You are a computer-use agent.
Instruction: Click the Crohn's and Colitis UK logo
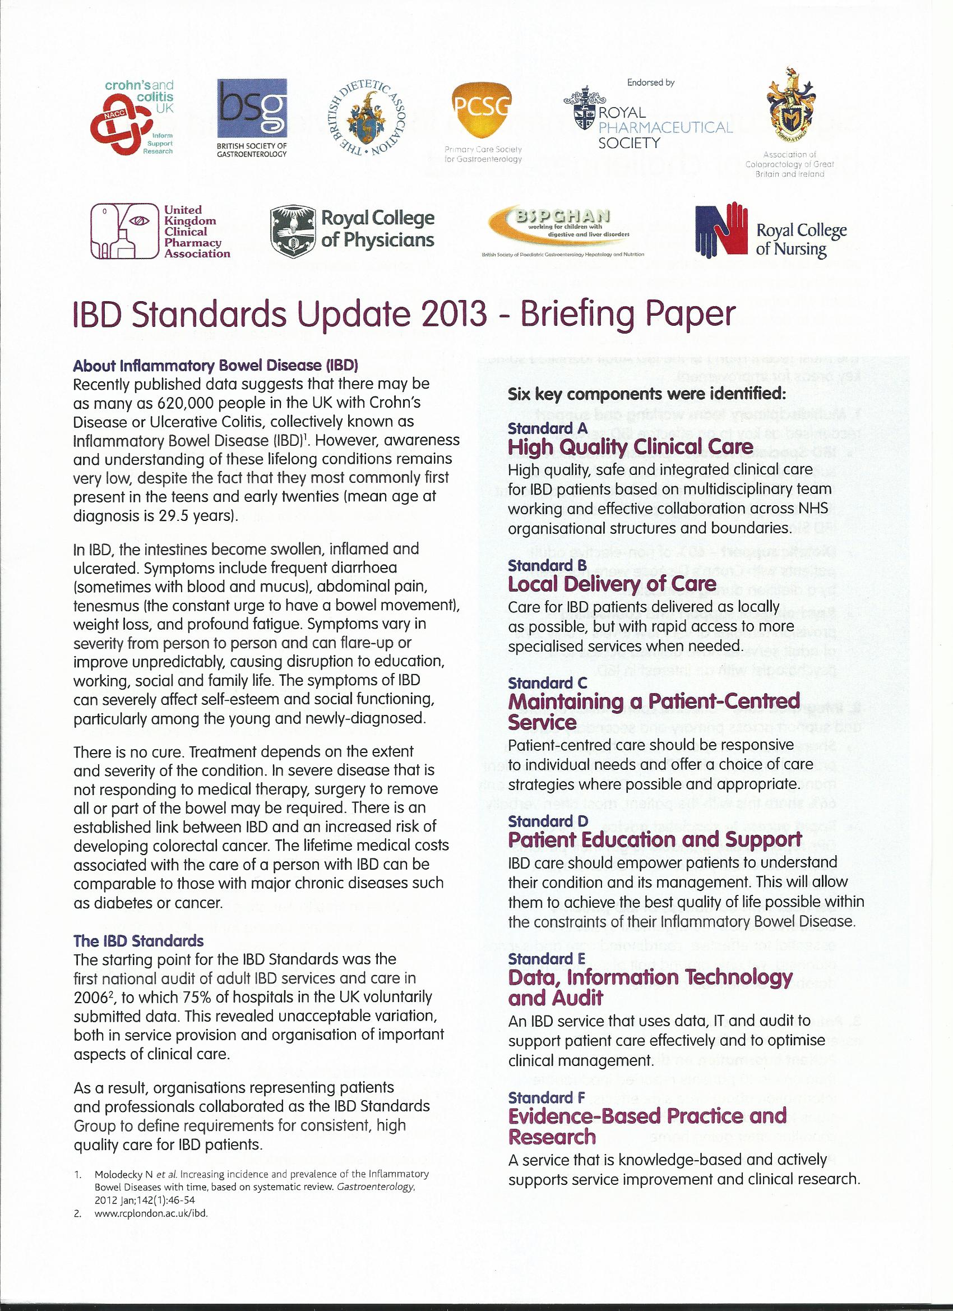coord(132,118)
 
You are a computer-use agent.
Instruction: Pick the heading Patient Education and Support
coord(655,839)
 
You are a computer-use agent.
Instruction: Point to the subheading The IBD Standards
coord(138,940)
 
